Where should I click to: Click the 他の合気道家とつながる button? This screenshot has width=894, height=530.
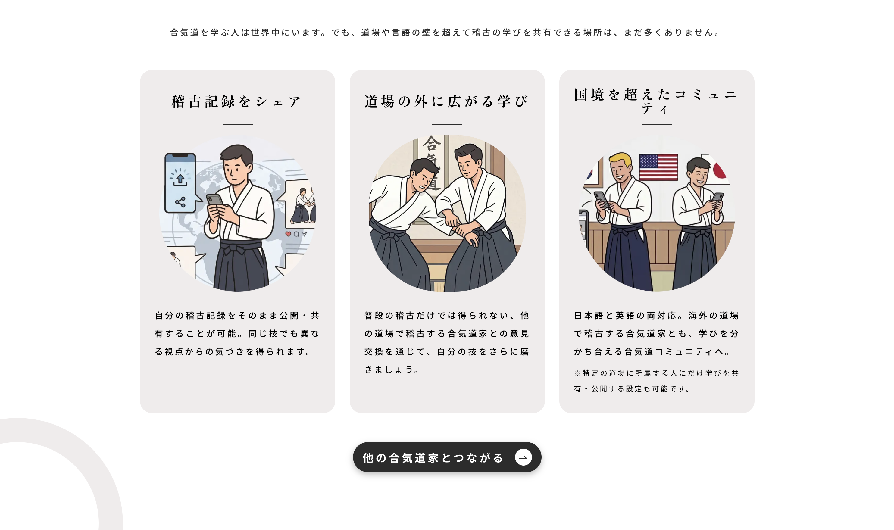click(447, 457)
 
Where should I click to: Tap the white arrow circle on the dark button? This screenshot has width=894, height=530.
click(523, 457)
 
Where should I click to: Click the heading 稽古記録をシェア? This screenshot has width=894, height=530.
click(236, 101)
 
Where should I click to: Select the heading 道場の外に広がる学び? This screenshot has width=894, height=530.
click(446, 101)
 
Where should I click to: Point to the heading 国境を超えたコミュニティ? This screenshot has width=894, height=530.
click(656, 101)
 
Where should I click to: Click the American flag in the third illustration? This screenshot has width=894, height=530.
click(658, 167)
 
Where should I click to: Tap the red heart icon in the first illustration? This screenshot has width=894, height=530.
click(288, 234)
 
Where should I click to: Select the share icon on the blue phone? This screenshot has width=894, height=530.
click(180, 202)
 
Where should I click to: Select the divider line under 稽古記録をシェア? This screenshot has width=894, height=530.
click(238, 125)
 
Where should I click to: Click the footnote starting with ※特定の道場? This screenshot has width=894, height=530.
click(656, 381)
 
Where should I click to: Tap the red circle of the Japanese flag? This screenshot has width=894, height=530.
click(719, 169)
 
